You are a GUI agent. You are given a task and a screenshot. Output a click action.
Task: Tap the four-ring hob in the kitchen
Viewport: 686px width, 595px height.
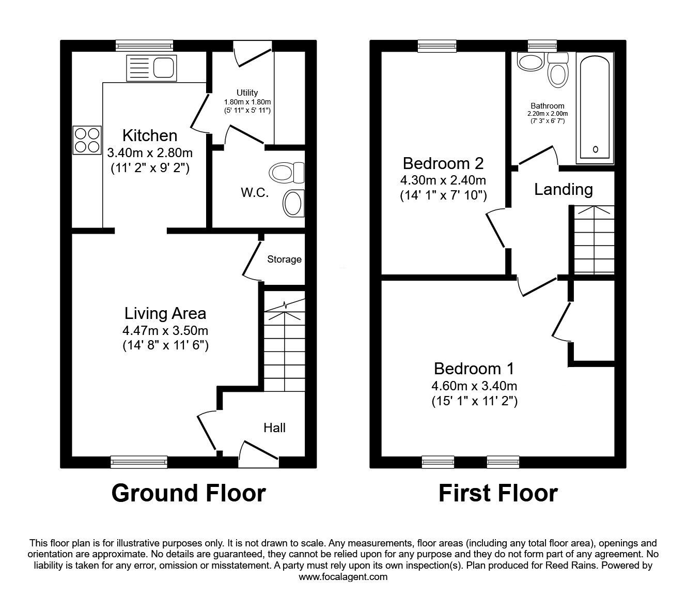coord(87,140)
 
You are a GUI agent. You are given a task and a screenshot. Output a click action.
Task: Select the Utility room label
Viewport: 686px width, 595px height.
coord(247,93)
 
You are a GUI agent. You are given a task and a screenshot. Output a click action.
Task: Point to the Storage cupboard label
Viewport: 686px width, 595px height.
coord(284,260)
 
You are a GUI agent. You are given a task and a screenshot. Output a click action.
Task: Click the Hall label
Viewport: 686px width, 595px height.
coord(274,428)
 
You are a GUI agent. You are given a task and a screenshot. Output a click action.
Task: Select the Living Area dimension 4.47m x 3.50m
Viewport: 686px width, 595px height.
coord(165,330)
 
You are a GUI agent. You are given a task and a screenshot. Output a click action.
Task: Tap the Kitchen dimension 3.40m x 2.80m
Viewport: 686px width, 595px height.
coord(150,153)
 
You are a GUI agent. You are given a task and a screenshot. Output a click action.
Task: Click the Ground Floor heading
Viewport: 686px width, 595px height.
coord(189,493)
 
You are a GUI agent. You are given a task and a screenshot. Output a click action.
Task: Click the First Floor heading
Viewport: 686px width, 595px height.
coord(498,493)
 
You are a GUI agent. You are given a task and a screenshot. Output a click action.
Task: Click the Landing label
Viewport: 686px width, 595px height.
coord(563,189)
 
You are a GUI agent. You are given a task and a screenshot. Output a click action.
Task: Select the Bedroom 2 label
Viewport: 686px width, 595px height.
coord(443,163)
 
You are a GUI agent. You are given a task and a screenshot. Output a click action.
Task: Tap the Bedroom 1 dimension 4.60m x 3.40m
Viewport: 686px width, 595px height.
coord(474,386)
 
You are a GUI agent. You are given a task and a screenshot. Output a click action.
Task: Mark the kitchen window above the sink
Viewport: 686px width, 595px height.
coord(144,46)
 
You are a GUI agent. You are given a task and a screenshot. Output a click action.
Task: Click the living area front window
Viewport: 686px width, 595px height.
coord(139,462)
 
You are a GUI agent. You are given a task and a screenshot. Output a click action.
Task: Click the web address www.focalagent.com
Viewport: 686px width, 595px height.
coord(343,576)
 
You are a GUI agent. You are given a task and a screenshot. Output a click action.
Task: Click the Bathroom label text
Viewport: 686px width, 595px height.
coord(547,106)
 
